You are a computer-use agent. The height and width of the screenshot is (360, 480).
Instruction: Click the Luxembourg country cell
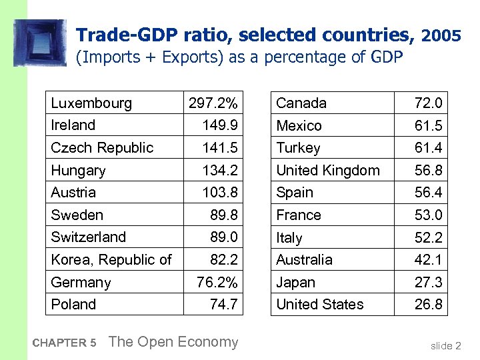91,103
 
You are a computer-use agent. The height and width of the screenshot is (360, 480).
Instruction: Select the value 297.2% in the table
213,103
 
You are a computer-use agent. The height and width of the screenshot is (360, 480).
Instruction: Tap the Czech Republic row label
102,148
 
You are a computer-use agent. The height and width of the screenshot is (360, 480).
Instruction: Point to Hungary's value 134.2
220,171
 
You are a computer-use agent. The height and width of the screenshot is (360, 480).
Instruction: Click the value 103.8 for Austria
220,193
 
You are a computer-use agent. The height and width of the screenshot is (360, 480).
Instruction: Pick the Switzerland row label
89,237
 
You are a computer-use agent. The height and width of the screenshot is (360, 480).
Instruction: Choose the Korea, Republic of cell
111,260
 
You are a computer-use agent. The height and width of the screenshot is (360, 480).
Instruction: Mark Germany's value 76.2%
217,282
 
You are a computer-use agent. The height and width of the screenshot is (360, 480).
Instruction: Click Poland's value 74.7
223,305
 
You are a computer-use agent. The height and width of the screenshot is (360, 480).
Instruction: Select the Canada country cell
301,103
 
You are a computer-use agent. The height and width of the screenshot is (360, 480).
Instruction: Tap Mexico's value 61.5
428,126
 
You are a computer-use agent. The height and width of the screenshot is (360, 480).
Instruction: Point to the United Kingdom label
327,171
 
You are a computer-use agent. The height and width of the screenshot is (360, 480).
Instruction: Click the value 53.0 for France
428,215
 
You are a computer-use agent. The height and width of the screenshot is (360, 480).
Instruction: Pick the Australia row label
304,260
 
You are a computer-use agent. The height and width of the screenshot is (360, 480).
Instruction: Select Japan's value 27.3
428,283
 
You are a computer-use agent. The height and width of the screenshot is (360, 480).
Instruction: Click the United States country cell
320,305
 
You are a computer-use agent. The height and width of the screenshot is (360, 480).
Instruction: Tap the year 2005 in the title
441,35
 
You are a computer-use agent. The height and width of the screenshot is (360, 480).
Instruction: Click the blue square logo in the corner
40,43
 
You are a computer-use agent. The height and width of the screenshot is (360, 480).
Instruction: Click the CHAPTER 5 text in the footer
64,343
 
